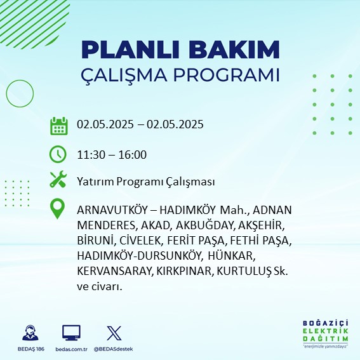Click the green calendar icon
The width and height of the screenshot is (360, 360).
tap(59, 126)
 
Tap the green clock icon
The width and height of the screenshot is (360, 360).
tap(58, 154)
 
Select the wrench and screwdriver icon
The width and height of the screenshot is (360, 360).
tap(58, 179)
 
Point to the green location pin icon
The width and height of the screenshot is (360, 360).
tap(57, 209)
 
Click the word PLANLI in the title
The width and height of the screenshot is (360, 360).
tap(130, 50)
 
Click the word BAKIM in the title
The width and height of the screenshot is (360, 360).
tap(234, 50)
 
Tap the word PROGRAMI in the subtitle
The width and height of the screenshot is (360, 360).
tap(226, 75)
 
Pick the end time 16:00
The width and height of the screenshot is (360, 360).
tap(133, 155)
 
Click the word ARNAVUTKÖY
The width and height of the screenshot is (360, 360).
tap(112, 210)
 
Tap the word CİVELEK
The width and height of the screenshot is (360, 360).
tap(140, 241)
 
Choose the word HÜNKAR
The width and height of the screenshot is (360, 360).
tap(230, 256)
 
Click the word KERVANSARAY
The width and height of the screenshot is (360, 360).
tap(114, 271)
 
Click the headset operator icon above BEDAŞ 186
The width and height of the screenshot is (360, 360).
tap(30, 333)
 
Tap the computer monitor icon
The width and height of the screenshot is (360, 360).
tap(71, 333)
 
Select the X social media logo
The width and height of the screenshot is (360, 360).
tap(114, 333)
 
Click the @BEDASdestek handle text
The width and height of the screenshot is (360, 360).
tap(114, 349)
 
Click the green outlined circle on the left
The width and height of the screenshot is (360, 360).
tap(6, 94)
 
